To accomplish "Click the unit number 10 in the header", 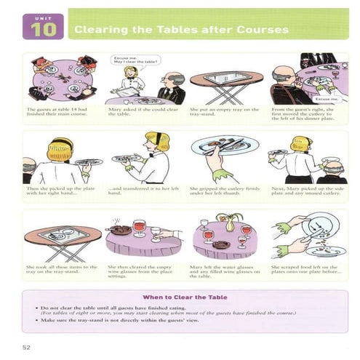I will tap(39, 31).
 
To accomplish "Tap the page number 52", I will tap(28, 339).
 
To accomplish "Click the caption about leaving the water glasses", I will tap(223, 272).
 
